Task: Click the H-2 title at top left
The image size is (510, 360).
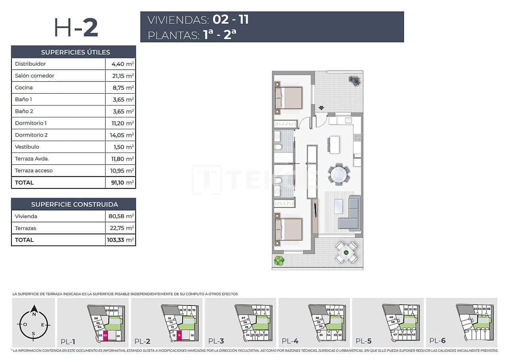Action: [76, 28]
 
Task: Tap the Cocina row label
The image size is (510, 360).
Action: [24, 88]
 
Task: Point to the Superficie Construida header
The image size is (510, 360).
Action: [74, 204]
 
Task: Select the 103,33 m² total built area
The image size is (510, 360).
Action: [120, 240]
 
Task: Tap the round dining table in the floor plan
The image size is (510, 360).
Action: [339, 174]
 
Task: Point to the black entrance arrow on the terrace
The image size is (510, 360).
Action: [321, 107]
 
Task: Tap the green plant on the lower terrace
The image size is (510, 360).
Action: [279, 260]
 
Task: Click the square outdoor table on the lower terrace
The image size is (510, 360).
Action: [346, 253]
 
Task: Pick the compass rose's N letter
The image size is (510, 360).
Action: [34, 315]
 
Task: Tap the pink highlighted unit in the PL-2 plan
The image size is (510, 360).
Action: [179, 336]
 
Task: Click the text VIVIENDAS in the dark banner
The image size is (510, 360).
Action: [178, 20]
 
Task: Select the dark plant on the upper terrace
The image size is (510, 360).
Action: [355, 81]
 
